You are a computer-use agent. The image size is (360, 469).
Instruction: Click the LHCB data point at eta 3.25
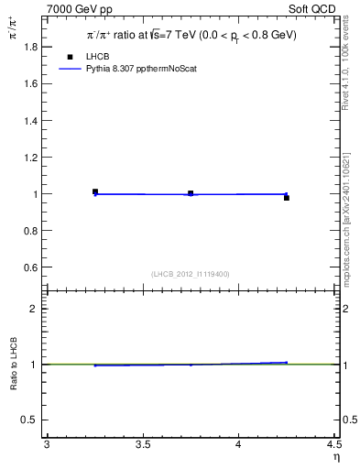tap(95, 191)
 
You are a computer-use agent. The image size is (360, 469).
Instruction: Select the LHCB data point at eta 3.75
tap(191, 193)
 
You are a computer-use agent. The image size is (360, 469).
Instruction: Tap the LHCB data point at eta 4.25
tap(286, 198)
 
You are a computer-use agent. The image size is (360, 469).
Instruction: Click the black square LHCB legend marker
tap(70, 57)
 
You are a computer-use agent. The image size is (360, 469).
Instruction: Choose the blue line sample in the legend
tap(70, 68)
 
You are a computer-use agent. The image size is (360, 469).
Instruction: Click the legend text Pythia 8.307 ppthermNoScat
tap(141, 68)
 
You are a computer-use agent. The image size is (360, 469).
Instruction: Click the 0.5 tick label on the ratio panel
tap(33, 420)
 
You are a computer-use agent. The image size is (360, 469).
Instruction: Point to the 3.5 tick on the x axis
tap(142, 446)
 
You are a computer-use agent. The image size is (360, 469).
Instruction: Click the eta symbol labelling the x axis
tap(335, 458)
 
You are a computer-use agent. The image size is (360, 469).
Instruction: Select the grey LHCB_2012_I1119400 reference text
tap(191, 274)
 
